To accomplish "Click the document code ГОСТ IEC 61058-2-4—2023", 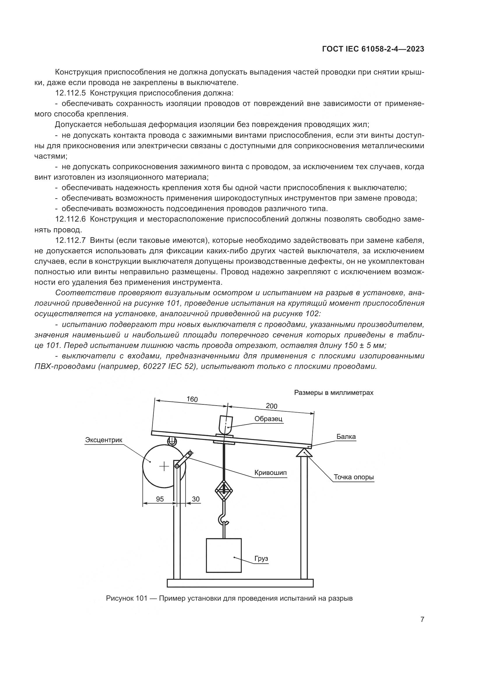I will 373,49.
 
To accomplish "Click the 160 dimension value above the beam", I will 192,399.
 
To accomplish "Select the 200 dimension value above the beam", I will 271,406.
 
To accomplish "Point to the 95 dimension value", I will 160,499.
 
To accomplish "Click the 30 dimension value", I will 196,499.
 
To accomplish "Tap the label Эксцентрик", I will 103,440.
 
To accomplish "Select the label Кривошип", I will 270,473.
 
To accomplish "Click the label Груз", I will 261,558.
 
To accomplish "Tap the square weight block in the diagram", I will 224,555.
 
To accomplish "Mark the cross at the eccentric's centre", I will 164,466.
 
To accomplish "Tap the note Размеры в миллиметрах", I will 334,392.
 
